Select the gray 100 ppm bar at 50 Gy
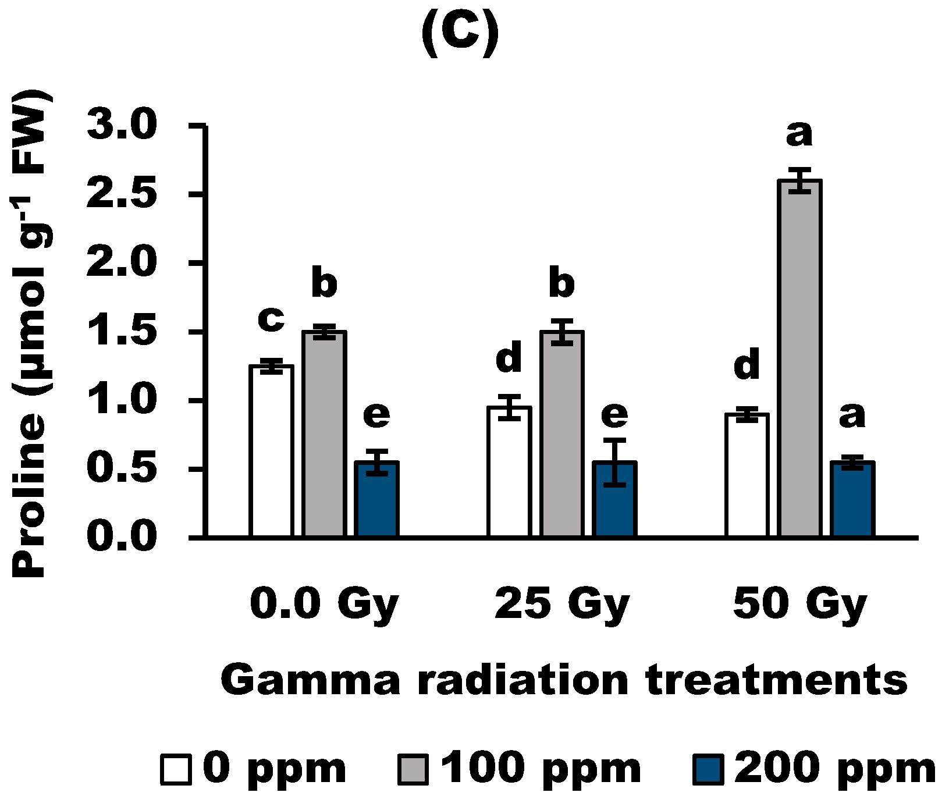tap(800, 358)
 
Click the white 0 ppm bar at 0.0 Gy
tap(271, 451)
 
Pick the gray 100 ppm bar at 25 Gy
tap(562, 434)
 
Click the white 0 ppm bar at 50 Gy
tap(747, 474)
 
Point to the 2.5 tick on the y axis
tap(198, 194)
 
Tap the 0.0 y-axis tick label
tap(122, 536)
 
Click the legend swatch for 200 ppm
tap(708, 769)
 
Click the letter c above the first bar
tap(271, 319)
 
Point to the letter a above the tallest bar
tap(799, 134)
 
